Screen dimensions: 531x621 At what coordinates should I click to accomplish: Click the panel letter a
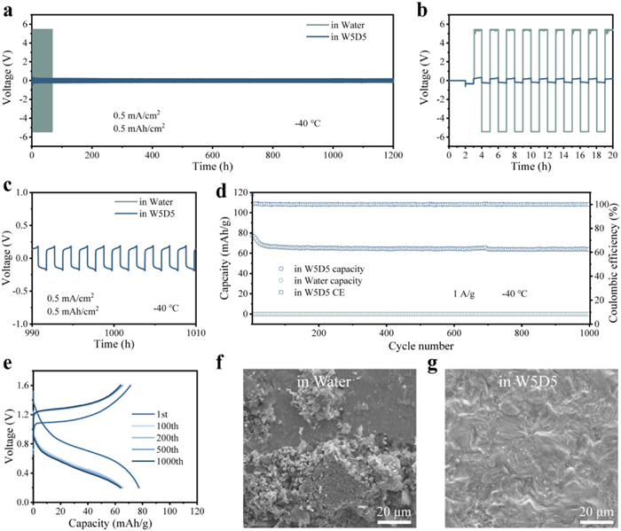pyautogui.click(x=7, y=9)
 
